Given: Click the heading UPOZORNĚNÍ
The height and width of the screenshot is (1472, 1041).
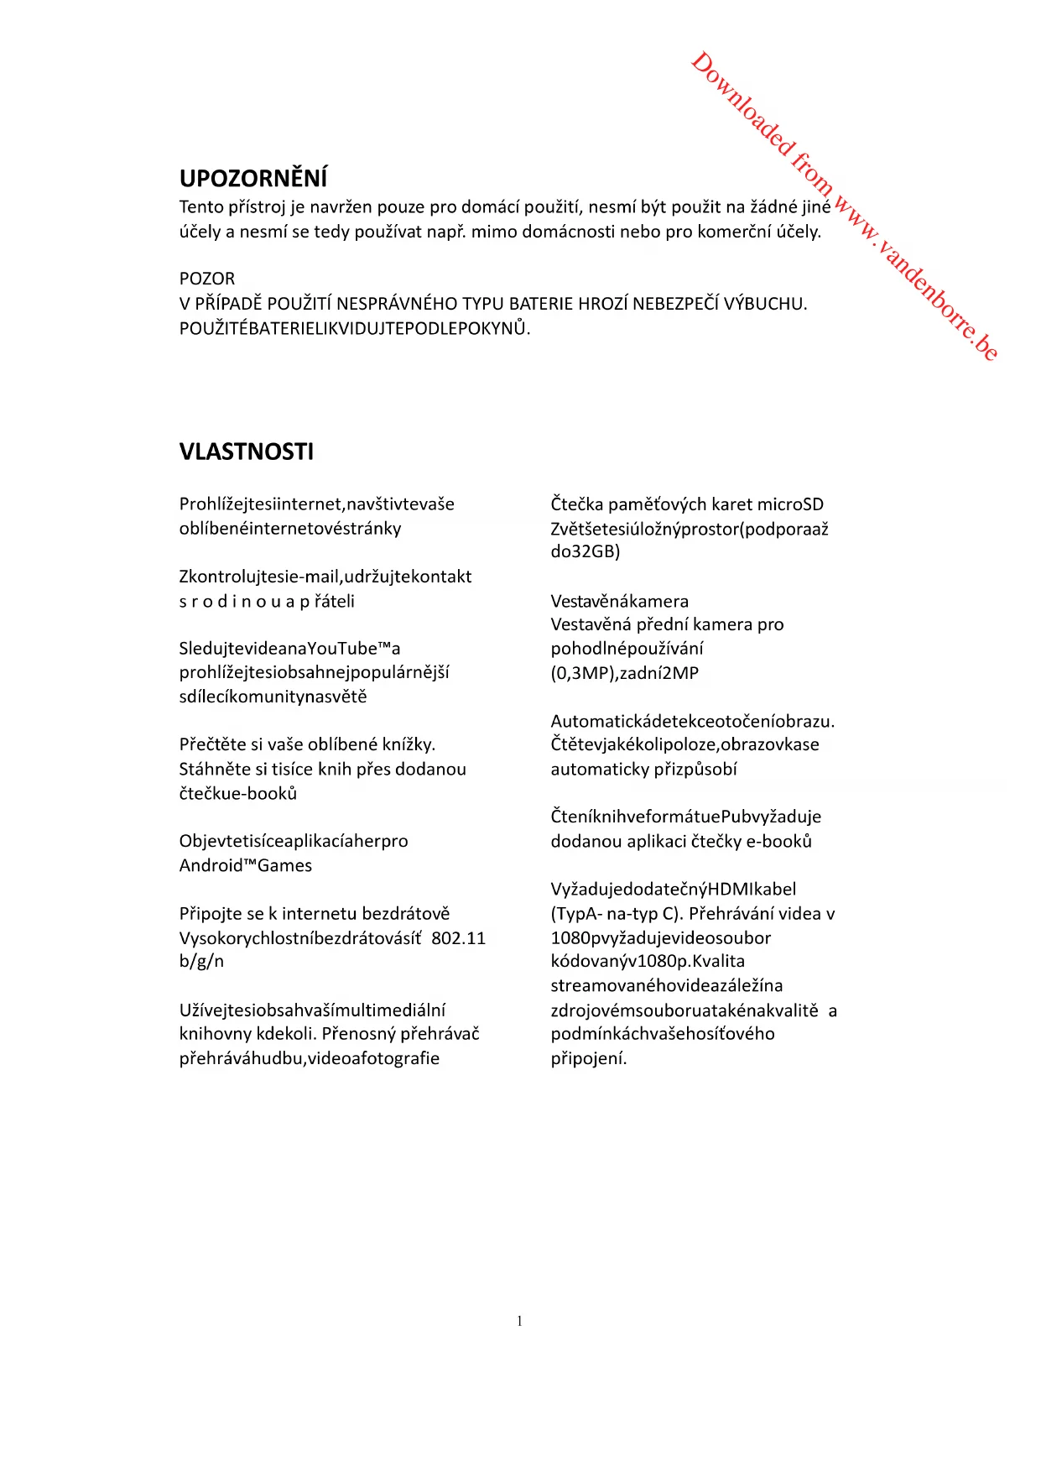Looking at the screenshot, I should point(253,179).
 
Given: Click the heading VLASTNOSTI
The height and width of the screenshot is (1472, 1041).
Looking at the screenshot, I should point(247,452).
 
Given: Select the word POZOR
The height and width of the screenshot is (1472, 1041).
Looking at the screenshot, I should point(207,279).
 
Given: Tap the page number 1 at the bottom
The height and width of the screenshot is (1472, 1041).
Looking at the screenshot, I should point(520,1322).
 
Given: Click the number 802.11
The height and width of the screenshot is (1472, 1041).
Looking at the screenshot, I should point(459,938).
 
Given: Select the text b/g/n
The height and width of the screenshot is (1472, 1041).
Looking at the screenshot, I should point(201,962).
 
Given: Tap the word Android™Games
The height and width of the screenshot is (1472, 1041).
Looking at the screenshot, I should point(246,866).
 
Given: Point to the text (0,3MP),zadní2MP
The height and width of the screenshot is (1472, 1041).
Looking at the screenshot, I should point(625,673).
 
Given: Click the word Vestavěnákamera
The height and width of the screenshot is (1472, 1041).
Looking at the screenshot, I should point(619,602).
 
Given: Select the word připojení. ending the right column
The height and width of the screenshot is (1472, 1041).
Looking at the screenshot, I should point(589,1058).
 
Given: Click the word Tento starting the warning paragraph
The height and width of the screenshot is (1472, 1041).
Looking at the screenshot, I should point(201,207).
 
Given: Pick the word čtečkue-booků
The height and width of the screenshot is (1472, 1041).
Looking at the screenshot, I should point(238,794).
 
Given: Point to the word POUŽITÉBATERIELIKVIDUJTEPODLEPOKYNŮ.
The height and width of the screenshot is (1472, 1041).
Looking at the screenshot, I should point(355,328).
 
